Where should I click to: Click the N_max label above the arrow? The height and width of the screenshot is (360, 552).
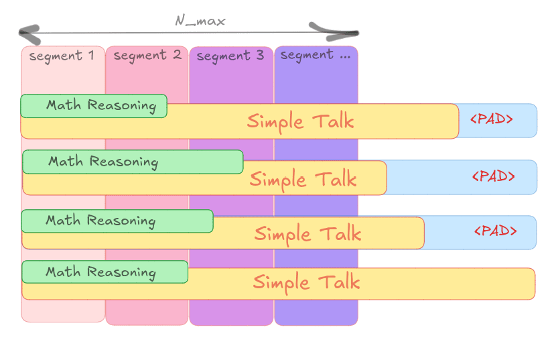click(200, 21)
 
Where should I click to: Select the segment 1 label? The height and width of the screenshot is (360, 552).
click(62, 56)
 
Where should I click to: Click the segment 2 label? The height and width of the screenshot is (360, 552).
click(147, 55)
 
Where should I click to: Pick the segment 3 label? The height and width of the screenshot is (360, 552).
click(230, 56)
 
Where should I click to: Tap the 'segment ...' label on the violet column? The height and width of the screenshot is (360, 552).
click(316, 56)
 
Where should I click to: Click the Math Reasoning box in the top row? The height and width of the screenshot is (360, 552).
click(94, 106)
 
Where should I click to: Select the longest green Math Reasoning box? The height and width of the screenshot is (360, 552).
click(133, 162)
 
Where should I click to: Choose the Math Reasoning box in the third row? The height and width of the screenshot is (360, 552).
click(117, 221)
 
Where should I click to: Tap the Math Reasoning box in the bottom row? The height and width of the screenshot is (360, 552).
click(105, 272)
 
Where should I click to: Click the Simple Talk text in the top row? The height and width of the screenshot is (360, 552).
click(300, 122)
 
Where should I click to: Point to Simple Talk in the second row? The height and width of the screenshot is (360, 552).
click(303, 179)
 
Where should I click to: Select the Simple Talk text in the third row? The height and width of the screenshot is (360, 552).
click(307, 233)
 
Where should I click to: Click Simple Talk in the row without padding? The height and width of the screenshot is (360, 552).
click(306, 282)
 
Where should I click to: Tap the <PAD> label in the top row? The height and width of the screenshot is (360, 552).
click(492, 120)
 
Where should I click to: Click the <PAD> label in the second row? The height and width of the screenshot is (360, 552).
click(494, 176)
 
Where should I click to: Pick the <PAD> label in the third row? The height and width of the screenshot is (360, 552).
click(496, 231)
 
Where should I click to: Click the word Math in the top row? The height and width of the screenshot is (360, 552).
click(64, 106)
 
